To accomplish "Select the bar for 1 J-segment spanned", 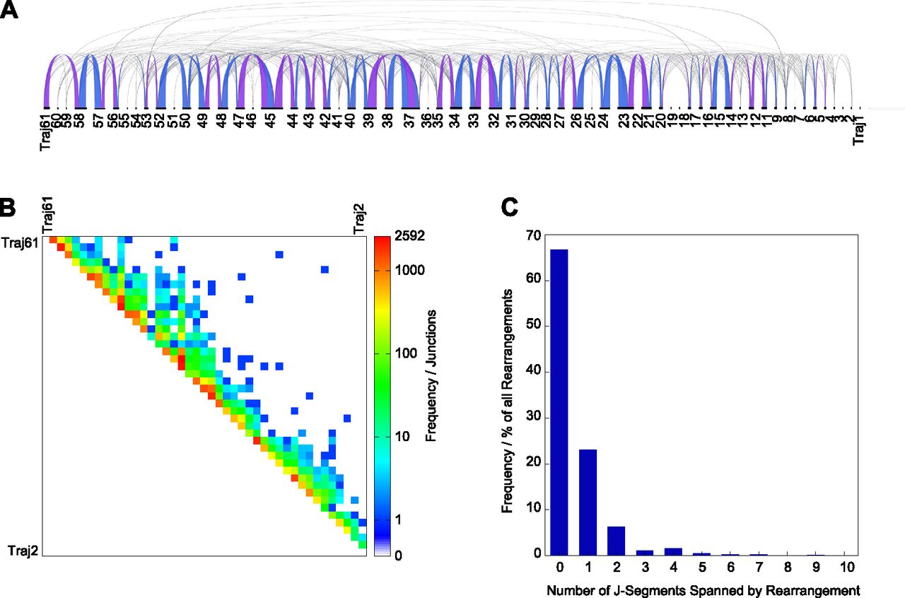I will coord(588,502).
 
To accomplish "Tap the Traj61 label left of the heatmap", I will coord(21,245).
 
